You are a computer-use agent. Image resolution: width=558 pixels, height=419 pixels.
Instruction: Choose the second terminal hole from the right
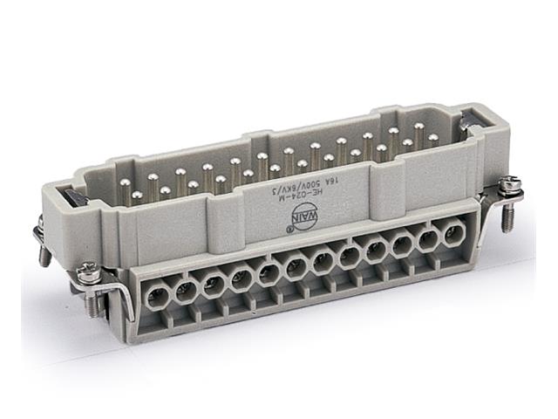[x=428, y=241]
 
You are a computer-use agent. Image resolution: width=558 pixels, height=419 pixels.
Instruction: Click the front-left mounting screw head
[x=89, y=273]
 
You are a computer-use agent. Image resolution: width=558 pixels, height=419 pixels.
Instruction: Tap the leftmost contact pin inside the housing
[x=125, y=184]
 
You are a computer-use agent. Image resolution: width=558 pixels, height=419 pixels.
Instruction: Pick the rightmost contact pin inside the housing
[x=432, y=138]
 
